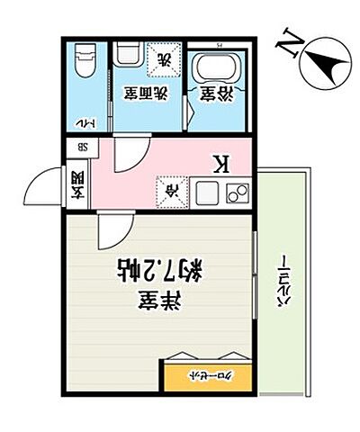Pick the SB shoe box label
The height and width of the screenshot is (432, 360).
coord(81,148)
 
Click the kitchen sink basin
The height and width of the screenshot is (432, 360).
coord(204,192)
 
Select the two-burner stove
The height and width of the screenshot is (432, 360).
coord(238,193)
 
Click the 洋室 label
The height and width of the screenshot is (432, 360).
coord(160,302)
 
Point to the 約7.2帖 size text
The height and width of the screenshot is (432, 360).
coord(160,268)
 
